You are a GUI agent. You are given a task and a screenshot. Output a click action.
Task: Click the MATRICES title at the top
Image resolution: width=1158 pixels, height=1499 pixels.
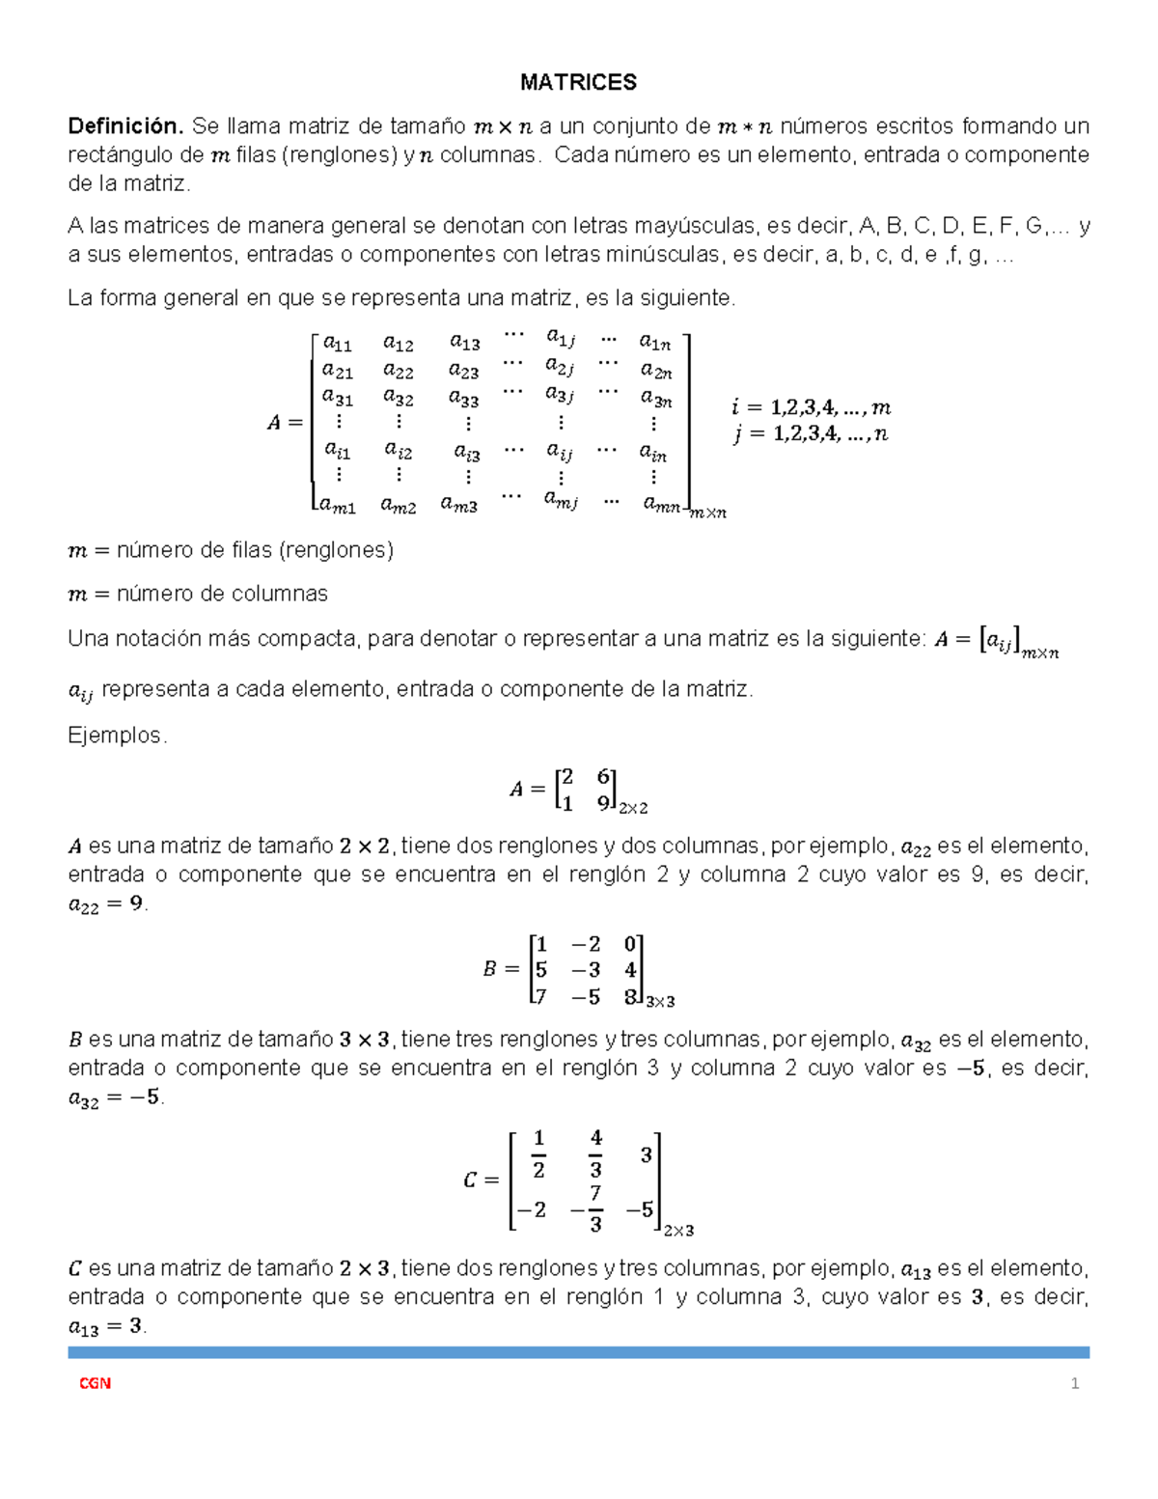coord(578,82)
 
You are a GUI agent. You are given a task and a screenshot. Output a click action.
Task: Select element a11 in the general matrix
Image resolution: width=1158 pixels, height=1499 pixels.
coord(337,343)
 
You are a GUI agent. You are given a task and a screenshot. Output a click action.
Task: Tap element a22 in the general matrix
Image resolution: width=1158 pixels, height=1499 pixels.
coord(398,371)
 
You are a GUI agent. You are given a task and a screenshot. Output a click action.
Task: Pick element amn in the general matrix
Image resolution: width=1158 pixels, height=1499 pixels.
coord(662,503)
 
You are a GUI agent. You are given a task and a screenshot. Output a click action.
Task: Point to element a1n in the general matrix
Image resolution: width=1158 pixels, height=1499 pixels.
coord(654,342)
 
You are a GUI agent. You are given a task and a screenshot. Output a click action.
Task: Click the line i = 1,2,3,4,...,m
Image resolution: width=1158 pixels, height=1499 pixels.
coord(811,407)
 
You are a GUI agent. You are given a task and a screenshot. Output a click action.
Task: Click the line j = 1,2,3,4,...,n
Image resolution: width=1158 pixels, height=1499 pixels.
coord(811,434)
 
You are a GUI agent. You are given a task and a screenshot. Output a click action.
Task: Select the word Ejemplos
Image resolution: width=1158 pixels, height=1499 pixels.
coord(117,736)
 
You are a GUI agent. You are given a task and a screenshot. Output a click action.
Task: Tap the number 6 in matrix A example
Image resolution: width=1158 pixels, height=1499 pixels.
coord(603,777)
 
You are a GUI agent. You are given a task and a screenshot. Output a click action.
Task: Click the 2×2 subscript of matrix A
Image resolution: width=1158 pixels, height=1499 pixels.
coord(633,808)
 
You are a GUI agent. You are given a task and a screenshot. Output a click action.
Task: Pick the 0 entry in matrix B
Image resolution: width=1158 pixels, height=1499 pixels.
coord(629,944)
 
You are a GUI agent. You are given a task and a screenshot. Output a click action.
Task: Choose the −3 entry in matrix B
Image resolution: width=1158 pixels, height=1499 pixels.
coord(585,970)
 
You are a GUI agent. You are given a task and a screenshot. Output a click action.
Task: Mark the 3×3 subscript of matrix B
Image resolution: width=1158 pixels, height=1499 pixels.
coord(660,1002)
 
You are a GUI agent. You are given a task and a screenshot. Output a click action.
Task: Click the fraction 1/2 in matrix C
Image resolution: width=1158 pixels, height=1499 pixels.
coord(538,1153)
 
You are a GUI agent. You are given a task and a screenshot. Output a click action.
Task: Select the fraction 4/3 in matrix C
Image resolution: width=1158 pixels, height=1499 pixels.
coord(595,1153)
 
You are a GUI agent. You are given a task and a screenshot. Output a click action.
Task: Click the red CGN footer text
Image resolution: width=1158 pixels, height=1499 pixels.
coord(95,1383)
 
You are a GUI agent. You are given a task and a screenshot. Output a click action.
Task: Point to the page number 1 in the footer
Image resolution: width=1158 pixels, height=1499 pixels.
coord(1074,1383)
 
